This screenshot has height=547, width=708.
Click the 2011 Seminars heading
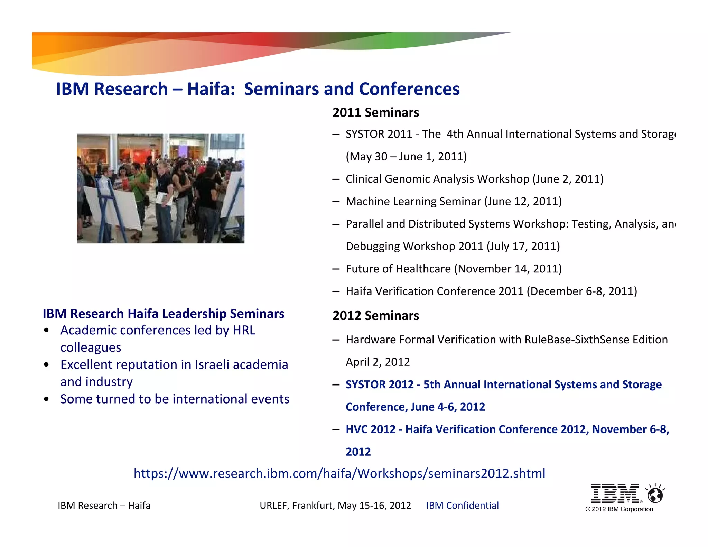pyautogui.click(x=375, y=113)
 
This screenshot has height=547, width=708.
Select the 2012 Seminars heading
pyautogui.click(x=375, y=316)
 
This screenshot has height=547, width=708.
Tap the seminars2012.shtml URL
pyautogui.click(x=339, y=473)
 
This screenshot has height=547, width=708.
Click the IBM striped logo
pyautogui.click(x=615, y=493)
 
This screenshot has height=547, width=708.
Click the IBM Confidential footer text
pyautogui.click(x=462, y=506)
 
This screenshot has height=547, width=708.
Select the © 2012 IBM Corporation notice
pyautogui.click(x=619, y=509)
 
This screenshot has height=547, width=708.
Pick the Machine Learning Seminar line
pyautogui.click(x=454, y=201)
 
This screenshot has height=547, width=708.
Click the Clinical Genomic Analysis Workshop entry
pyautogui.click(x=474, y=179)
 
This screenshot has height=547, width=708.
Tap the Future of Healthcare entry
pyautogui.click(x=454, y=269)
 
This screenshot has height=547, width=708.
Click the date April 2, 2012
pyautogui.click(x=378, y=362)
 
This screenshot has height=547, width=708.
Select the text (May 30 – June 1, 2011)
pyautogui.click(x=406, y=157)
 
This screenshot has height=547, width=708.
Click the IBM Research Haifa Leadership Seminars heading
pyautogui.click(x=164, y=314)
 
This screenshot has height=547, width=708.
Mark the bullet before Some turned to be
pyautogui.click(x=46, y=399)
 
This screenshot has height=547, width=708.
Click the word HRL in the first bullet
pyautogui.click(x=244, y=330)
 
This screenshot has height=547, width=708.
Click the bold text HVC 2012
pyautogui.click(x=370, y=429)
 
